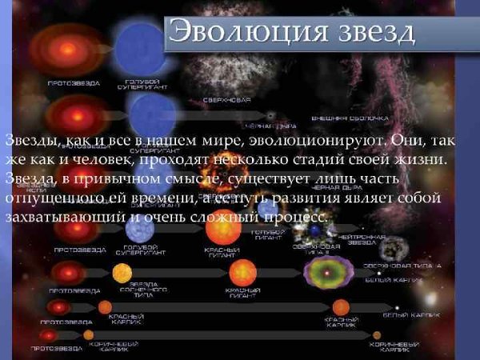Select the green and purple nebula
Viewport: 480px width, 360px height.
pyautogui.click(x=328, y=273)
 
